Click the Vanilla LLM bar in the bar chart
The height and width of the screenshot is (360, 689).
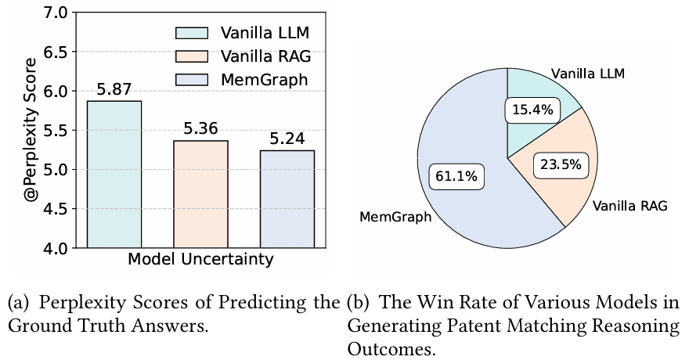[x=114, y=175]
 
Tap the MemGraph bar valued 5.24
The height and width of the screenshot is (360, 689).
[x=288, y=199]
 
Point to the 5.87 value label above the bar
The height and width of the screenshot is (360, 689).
[x=114, y=90]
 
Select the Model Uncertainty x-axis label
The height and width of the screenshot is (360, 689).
[x=201, y=260]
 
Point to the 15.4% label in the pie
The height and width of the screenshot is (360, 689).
[x=532, y=110]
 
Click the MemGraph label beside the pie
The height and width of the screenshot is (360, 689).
[x=396, y=216]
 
